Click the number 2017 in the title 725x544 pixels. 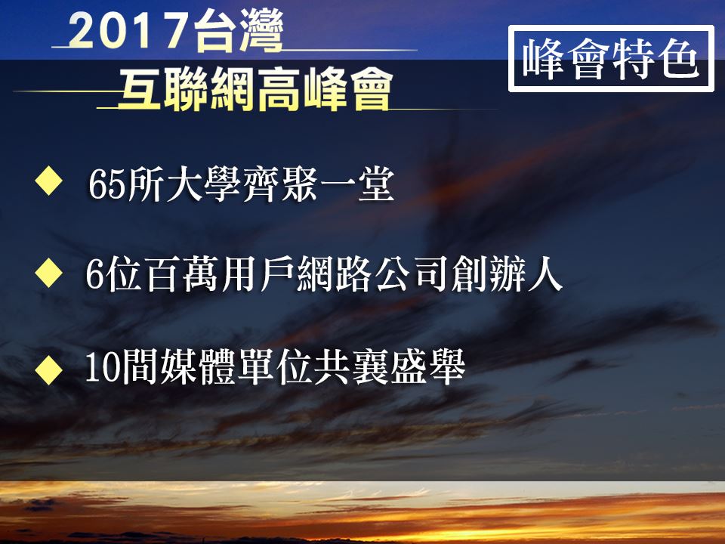click(x=128, y=30)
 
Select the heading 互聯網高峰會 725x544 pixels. click(x=256, y=89)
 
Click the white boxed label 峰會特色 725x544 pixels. click(x=611, y=59)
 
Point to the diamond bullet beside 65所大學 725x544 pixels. click(x=48, y=181)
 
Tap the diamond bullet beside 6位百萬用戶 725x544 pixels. click(x=48, y=273)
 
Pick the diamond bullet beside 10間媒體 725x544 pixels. click(x=48, y=370)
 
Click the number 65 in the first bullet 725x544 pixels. click(x=106, y=185)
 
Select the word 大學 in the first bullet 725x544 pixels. click(x=184, y=184)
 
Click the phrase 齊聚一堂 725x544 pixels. click(x=318, y=184)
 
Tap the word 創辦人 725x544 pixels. click(x=506, y=274)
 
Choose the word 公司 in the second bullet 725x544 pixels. click(x=412, y=274)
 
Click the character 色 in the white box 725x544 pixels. click(x=678, y=59)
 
